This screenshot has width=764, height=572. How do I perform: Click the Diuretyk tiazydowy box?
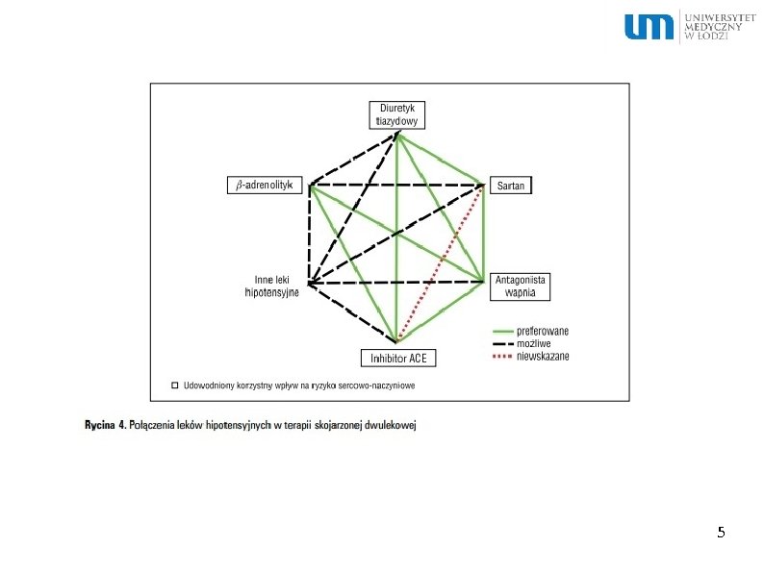tap(396, 114)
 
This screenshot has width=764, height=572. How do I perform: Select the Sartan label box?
tap(511, 185)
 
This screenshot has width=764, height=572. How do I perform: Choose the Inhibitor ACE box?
tap(398, 358)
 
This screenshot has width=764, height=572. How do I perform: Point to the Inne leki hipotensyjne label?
tap(273, 286)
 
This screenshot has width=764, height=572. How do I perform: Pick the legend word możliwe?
tap(534, 343)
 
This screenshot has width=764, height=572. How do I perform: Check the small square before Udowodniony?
tap(174, 385)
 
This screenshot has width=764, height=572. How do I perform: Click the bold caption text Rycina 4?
tap(103, 423)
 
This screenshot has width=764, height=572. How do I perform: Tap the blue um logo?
tap(649, 27)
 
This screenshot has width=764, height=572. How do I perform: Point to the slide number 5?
tap(721, 533)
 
